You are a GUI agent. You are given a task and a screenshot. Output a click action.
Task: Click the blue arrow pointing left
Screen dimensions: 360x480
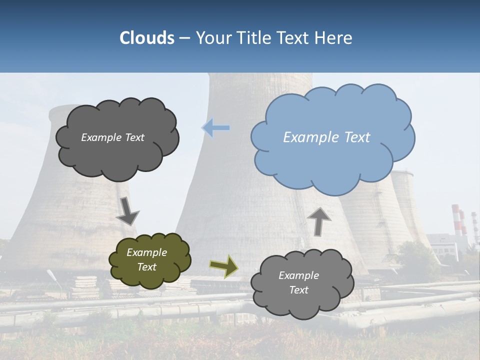[x=216, y=128]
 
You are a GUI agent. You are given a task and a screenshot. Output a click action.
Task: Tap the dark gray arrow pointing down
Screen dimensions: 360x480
[x=127, y=211]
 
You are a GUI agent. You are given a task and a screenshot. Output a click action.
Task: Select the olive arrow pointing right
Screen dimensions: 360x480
[x=224, y=266]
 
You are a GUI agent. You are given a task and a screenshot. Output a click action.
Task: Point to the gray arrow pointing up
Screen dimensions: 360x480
[x=319, y=221]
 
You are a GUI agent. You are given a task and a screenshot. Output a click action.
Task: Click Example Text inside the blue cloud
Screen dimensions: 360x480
[x=326, y=137]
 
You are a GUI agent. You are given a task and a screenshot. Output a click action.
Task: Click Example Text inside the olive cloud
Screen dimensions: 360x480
[x=146, y=259]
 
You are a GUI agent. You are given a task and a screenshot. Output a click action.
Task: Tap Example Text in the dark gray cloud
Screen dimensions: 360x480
[x=112, y=137]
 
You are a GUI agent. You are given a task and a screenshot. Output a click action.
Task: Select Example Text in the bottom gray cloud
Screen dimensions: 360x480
[x=298, y=282]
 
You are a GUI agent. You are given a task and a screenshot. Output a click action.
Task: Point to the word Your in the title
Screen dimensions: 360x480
[x=212, y=38]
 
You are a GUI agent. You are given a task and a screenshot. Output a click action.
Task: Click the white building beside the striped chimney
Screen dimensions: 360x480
[x=447, y=245]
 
